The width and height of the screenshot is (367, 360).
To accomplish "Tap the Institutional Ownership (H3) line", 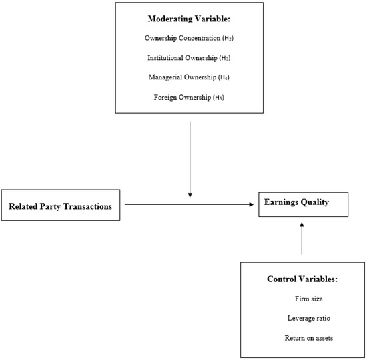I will pos(190,58).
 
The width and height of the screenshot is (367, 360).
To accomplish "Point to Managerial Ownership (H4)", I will pos(190,77).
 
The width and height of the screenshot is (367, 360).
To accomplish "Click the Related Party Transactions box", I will pos(60,206).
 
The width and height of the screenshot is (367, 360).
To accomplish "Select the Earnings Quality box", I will pos(303,203).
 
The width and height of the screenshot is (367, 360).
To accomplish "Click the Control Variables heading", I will pos(303,278).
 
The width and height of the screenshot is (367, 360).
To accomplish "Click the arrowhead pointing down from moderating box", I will pos(190,194).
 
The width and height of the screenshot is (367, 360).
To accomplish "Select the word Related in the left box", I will pos(22,206).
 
